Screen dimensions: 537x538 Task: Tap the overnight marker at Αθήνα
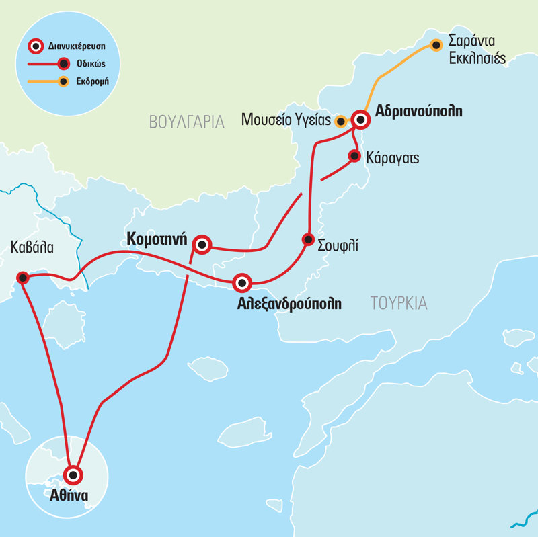(x=73, y=474)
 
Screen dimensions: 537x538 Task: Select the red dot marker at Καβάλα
(x=22, y=277)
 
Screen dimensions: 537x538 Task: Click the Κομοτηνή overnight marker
(x=202, y=245)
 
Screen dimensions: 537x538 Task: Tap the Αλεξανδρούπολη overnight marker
(x=242, y=283)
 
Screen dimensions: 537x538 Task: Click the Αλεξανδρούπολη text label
(x=289, y=304)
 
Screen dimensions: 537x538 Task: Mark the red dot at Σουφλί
(x=308, y=239)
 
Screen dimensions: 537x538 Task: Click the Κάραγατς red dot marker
(x=354, y=156)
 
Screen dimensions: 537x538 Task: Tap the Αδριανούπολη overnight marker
(x=361, y=120)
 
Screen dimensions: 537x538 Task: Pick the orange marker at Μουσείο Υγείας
(x=341, y=122)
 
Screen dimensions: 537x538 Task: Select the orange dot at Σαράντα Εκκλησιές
(x=436, y=46)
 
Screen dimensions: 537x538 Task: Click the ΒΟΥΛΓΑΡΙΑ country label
(x=186, y=122)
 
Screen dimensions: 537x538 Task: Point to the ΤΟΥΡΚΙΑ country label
(x=398, y=303)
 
